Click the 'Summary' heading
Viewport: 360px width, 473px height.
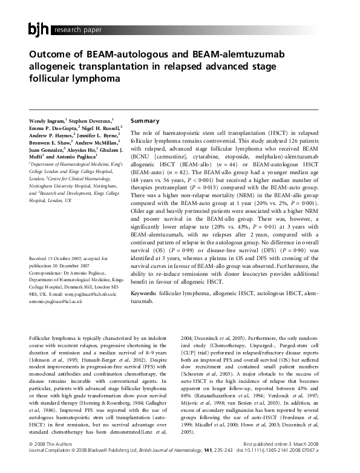145,121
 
